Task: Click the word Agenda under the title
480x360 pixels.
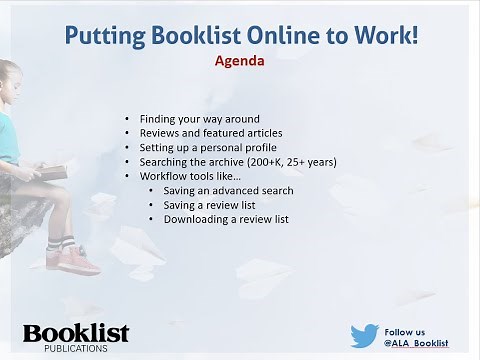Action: coord(239,59)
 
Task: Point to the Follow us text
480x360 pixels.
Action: coord(404,331)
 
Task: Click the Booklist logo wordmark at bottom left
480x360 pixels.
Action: coord(76,332)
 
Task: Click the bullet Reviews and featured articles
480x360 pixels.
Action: coord(210,132)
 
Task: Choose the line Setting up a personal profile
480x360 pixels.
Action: coord(208,147)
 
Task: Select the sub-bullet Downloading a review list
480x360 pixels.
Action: coord(226,219)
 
